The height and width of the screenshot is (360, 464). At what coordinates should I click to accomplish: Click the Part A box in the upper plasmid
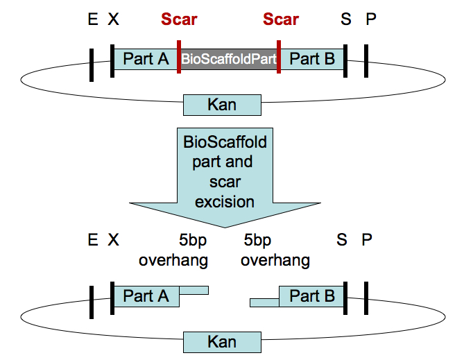coord(146,60)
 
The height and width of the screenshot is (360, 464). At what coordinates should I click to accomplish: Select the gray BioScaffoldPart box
coord(229,60)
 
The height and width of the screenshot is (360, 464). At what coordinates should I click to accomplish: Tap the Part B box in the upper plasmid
coord(311,60)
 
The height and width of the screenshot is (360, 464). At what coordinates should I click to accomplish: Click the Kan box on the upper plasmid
coord(222,105)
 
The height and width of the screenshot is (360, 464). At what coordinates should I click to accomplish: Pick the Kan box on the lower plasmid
coord(222,341)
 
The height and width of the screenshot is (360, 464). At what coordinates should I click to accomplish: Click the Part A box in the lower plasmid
coord(146,296)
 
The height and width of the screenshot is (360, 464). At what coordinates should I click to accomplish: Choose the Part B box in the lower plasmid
coord(311,296)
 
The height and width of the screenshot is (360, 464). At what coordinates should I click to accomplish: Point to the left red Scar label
coord(179,19)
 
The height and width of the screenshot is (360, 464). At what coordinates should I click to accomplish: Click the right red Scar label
coord(281,19)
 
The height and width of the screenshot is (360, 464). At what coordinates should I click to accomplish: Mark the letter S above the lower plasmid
coord(342,241)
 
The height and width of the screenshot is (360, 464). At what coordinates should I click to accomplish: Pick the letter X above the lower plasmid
coord(114,241)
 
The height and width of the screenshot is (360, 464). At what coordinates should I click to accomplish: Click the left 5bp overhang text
coord(173,250)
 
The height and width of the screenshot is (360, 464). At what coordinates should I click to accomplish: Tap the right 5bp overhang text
coord(275,250)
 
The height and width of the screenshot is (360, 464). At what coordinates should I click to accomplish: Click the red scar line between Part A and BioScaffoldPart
coord(179,60)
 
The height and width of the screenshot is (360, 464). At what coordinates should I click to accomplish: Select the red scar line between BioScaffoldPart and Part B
coord(278,60)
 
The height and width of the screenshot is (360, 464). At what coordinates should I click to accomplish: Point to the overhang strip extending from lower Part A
coord(194,290)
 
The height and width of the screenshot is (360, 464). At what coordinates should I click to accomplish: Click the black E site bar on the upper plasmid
coord(91,64)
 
